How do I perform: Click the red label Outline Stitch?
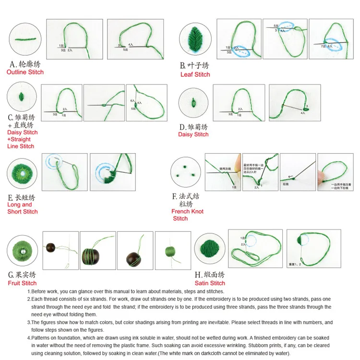(25, 72)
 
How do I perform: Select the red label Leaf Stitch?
(195, 74)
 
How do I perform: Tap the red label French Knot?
(187, 211)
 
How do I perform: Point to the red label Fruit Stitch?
(22, 283)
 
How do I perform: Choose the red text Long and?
(20, 204)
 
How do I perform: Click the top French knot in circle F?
(184, 164)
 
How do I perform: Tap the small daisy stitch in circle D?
(193, 102)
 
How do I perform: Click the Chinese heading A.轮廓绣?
(27, 64)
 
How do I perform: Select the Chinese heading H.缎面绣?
(209, 275)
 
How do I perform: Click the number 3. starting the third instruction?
(29, 323)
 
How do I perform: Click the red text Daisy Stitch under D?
(193, 134)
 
